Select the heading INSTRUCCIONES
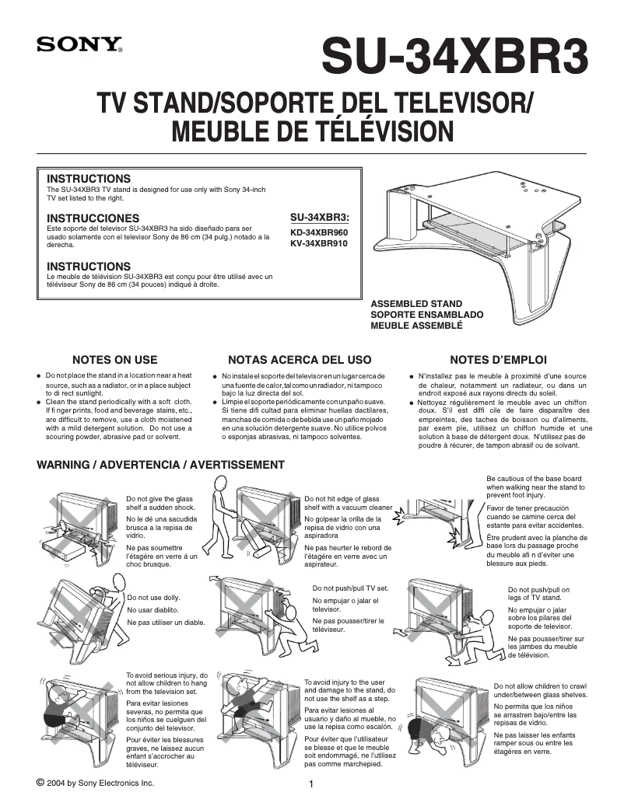click(93, 218)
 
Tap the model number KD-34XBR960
click(319, 232)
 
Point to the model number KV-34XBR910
click(319, 243)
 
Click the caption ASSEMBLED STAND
click(416, 304)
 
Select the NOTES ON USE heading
click(114, 360)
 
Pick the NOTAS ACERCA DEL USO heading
click(300, 360)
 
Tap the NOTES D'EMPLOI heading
click(498, 360)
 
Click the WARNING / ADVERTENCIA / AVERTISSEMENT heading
click(161, 465)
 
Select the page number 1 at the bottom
click(311, 784)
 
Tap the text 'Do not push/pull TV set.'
click(350, 588)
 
